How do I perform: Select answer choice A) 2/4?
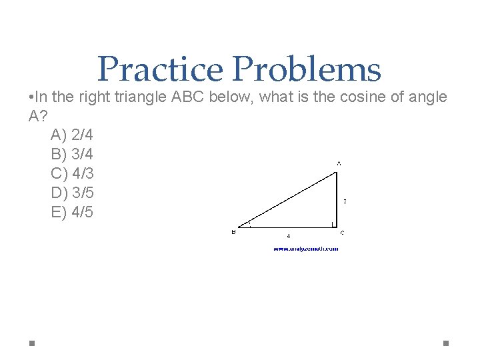[72, 135]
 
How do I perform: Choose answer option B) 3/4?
[72, 155]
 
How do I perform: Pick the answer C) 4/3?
[72, 174]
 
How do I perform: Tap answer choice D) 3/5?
[72, 193]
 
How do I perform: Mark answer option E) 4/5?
[72, 213]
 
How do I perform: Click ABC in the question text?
[188, 97]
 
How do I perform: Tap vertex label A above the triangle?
[339, 163]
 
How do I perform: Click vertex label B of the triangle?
[233, 233]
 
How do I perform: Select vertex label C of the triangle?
[342, 233]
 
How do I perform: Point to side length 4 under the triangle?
[288, 235]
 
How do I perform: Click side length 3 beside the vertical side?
[345, 201]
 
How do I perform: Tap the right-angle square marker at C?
[333, 223]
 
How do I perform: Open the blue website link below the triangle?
[305, 249]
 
